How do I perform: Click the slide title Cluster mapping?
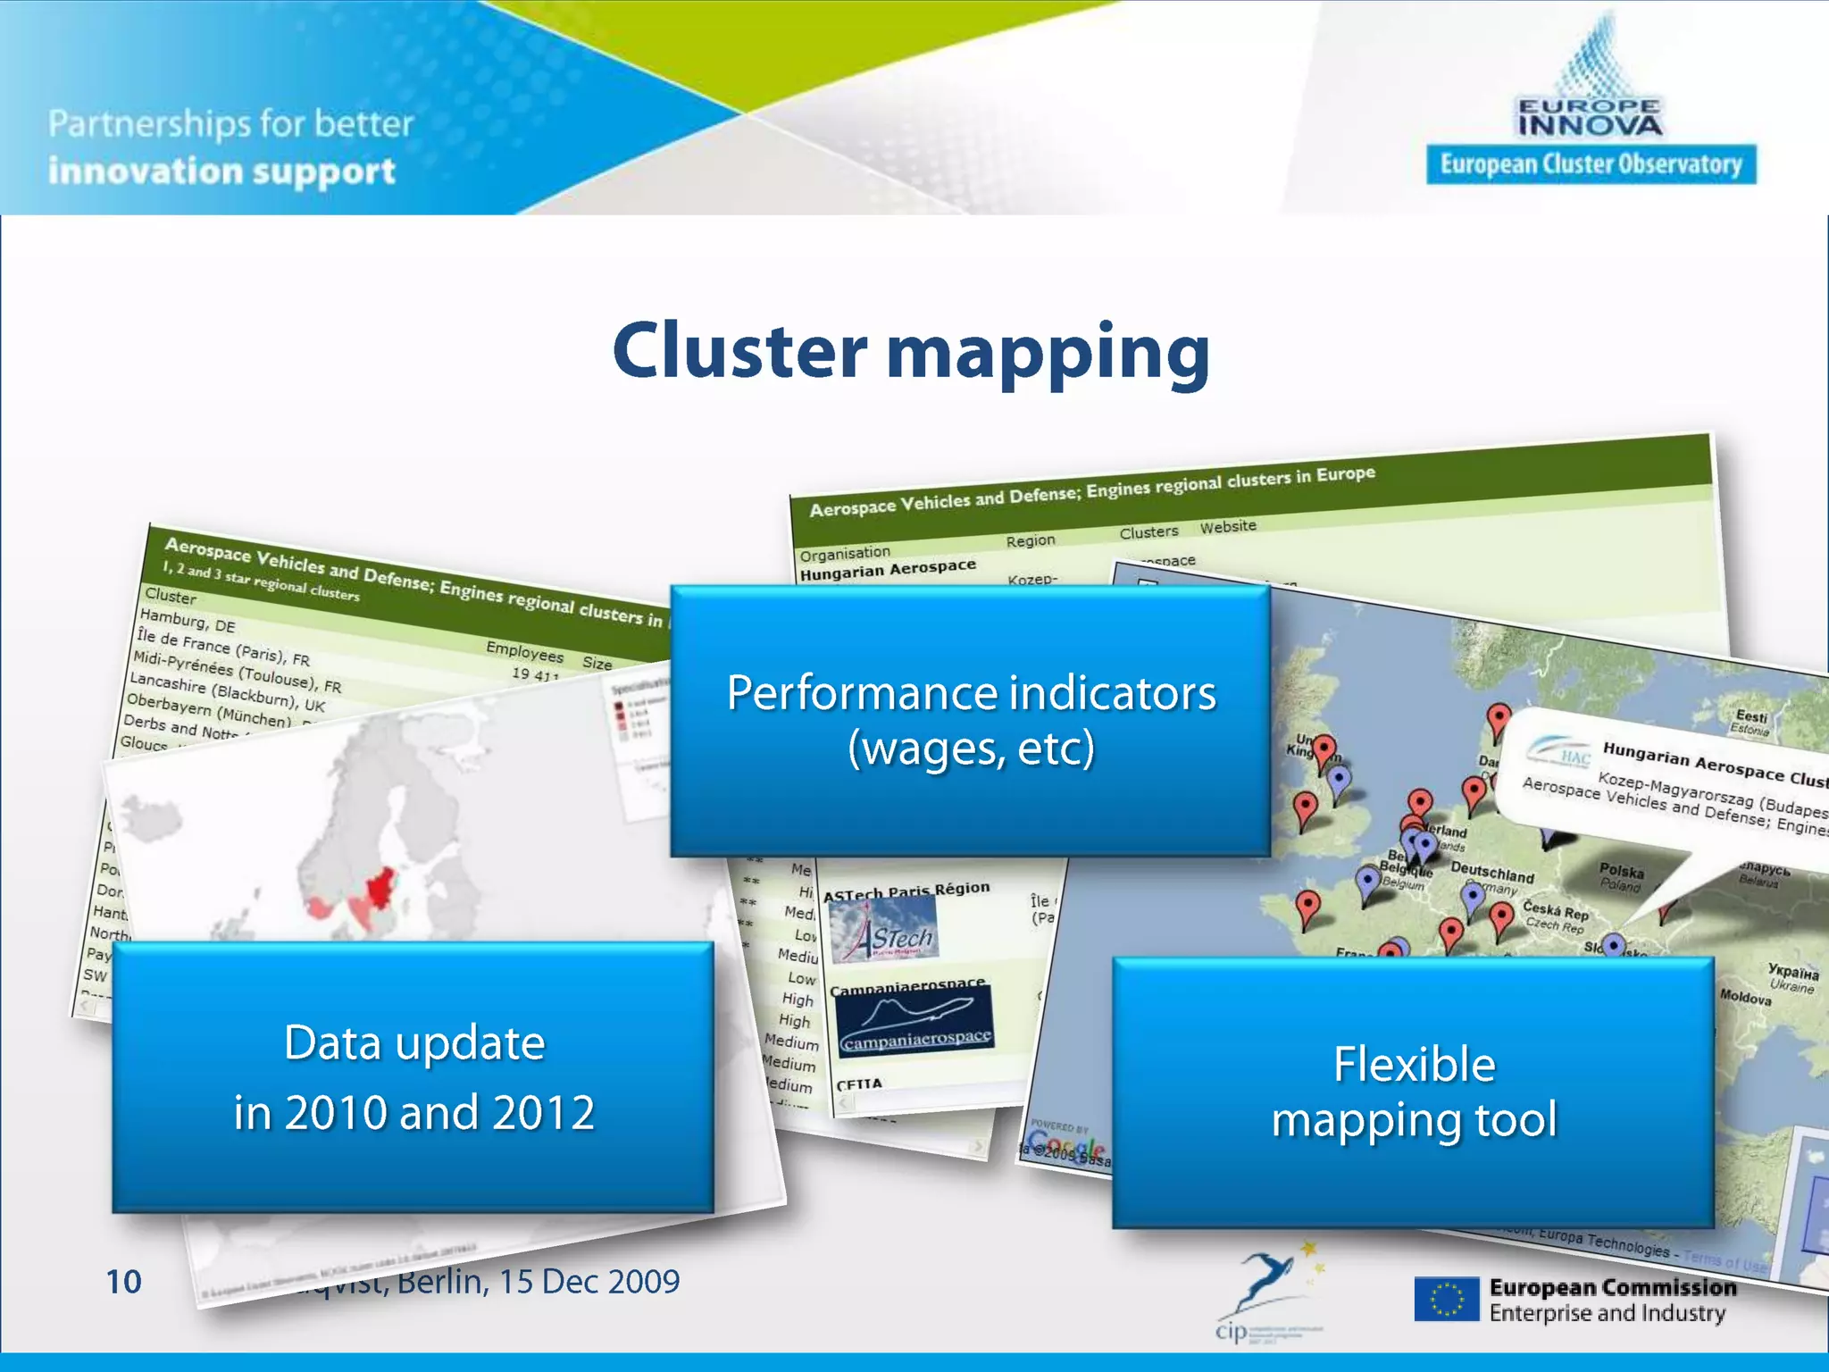(911, 353)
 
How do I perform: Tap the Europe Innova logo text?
(1590, 118)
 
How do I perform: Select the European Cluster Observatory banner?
(1591, 164)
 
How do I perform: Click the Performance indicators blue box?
(970, 721)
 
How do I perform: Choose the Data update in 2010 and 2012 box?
(413, 1077)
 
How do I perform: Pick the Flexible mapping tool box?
(1413, 1092)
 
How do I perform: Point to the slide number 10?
(123, 1282)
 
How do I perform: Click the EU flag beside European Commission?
(1446, 1300)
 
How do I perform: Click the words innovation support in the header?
(221, 171)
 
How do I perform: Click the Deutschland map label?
(1491, 872)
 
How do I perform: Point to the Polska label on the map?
(1621, 870)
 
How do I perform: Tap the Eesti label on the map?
(1751, 716)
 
